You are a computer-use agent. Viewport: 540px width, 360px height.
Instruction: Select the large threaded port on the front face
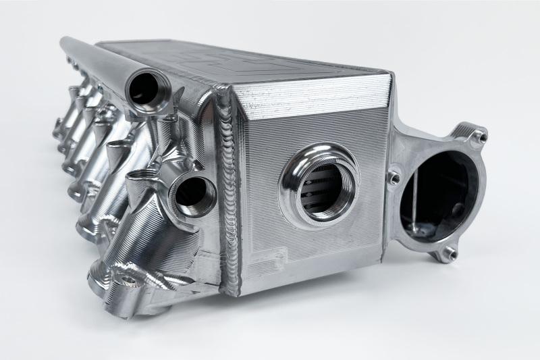tap(321, 183)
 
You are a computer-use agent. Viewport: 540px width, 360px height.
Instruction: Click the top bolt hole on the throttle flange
tap(477, 138)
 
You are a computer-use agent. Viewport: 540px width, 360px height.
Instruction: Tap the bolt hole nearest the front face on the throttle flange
tap(394, 177)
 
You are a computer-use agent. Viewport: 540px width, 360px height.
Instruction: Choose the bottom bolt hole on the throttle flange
tap(446, 253)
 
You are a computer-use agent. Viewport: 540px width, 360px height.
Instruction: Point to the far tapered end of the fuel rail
tap(66, 43)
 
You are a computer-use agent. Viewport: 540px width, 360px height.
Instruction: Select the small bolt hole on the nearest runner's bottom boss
tap(128, 280)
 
